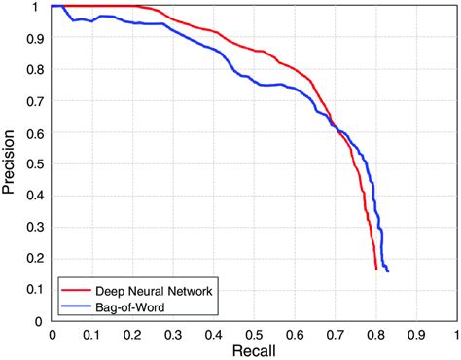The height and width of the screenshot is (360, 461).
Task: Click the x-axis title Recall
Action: tap(254, 348)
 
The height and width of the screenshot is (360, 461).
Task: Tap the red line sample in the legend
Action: tap(76, 290)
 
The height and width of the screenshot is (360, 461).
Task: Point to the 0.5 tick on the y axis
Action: tap(36, 162)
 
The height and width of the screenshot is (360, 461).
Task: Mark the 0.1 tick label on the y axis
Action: tap(36, 289)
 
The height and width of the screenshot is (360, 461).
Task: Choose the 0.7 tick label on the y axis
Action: tap(36, 100)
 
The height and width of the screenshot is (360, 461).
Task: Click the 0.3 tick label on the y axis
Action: tap(36, 226)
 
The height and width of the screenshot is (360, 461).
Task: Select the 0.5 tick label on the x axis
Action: tap(254, 333)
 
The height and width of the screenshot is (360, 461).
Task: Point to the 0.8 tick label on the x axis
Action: tap(375, 333)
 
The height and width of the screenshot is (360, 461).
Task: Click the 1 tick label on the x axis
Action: tap(455, 333)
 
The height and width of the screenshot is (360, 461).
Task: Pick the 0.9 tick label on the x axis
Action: tap(415, 333)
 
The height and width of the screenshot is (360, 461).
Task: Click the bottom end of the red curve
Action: tap(376, 269)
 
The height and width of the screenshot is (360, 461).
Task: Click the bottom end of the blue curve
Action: tap(388, 271)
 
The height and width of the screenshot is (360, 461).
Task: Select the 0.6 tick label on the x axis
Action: tap(295, 333)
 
